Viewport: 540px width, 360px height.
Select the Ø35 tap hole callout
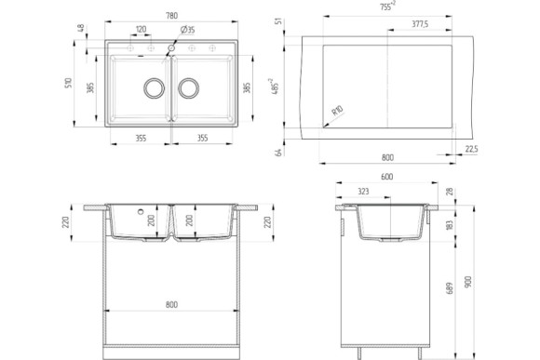186,30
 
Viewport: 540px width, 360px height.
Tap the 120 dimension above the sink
141,30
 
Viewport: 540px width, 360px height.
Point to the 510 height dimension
67,83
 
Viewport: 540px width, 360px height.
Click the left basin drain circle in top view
150,88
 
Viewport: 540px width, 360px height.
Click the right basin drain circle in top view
189,88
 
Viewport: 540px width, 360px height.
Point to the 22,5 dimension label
471,149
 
